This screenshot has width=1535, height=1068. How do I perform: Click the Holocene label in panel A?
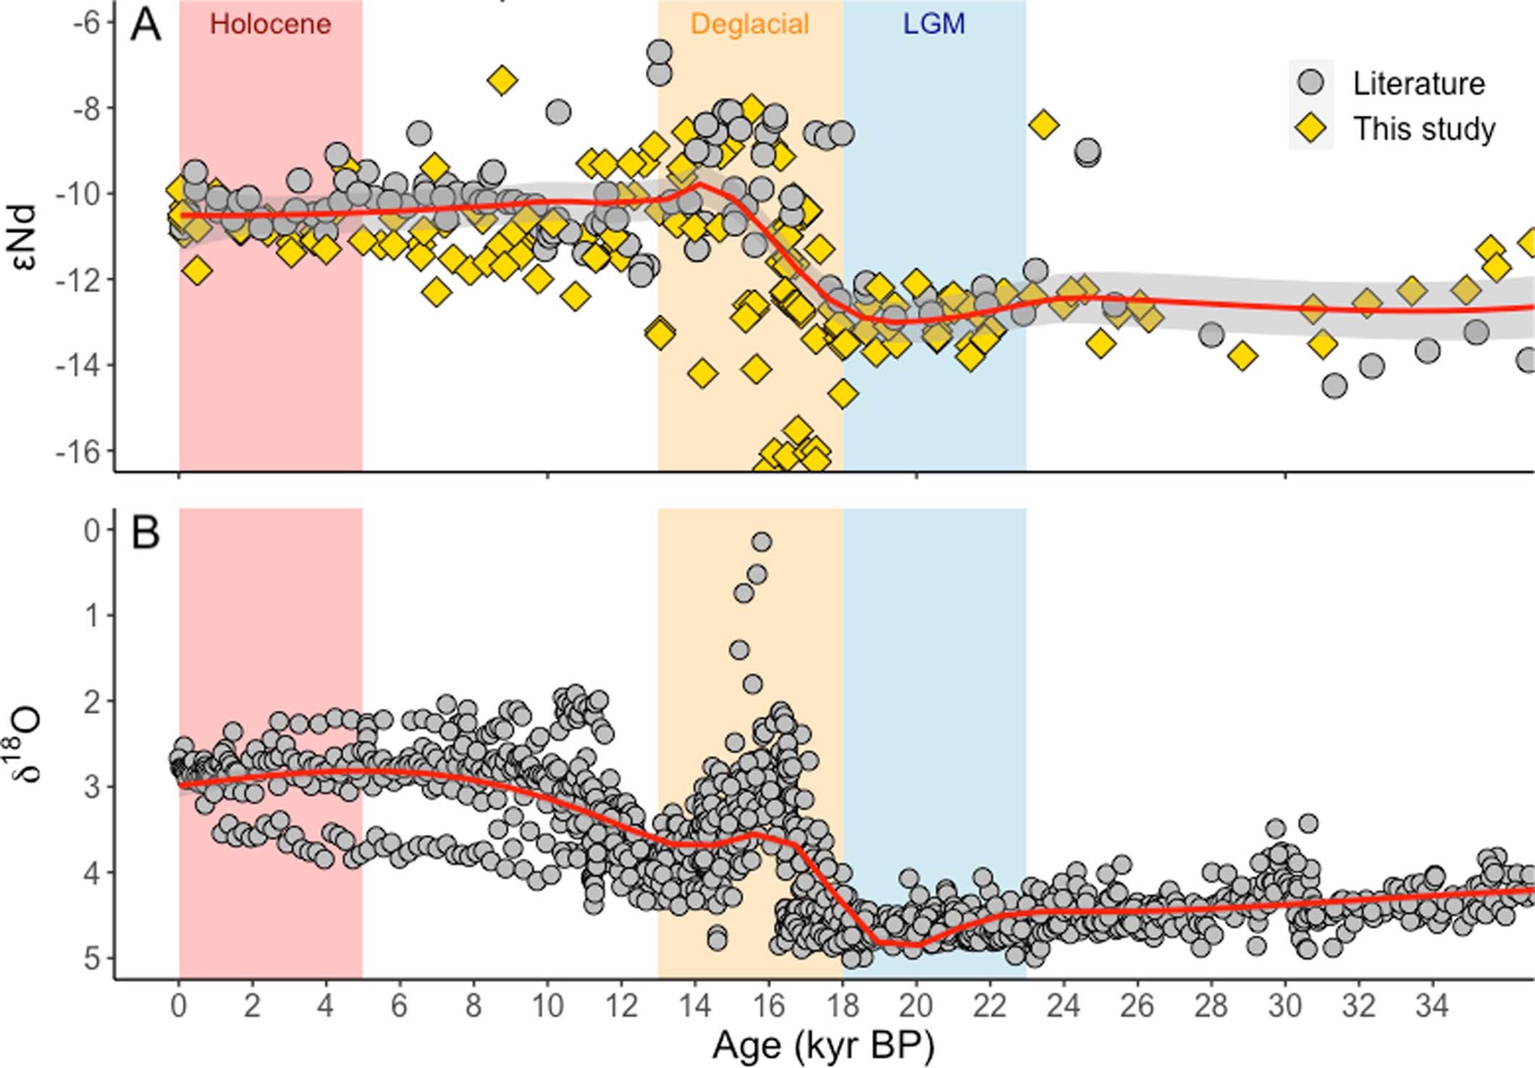point(270,25)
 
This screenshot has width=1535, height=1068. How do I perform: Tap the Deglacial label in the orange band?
point(749,25)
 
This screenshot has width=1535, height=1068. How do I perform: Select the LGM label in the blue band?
point(933,25)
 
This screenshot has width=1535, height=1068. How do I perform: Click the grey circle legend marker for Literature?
point(1310,83)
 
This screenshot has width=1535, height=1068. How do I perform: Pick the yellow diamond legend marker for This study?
point(1310,128)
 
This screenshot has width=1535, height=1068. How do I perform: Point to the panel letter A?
point(145,26)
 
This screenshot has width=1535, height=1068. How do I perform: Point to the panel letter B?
point(145,534)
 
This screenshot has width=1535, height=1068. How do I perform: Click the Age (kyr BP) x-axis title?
point(823,1045)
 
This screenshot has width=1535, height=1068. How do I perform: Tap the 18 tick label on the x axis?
point(843,1006)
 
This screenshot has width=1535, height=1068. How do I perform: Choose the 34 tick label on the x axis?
point(1432,1006)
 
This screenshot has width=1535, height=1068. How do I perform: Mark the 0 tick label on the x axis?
point(179,1006)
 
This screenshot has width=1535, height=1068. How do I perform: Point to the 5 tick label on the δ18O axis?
point(93,958)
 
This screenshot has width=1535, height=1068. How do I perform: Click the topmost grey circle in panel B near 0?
point(761,542)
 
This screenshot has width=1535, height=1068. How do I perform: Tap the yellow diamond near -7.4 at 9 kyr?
point(502,80)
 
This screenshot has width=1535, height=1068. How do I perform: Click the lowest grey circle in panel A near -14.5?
point(1334,386)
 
